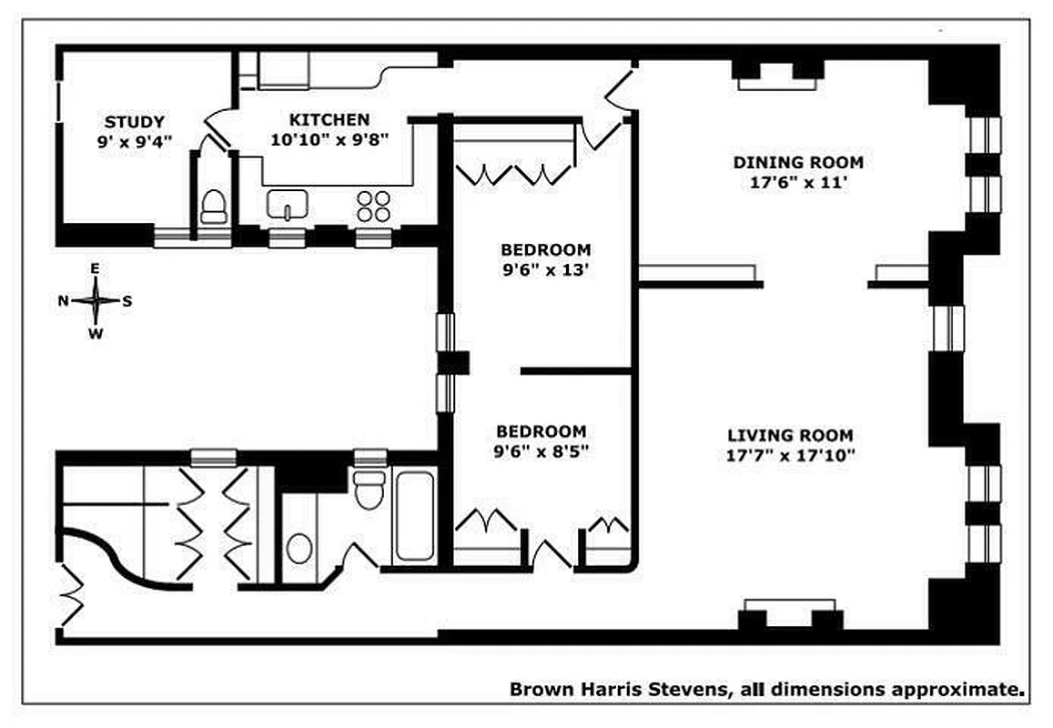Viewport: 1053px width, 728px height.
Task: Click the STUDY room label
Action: point(134,122)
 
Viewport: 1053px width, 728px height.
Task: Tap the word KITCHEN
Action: point(329,120)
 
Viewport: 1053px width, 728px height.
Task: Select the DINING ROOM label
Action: point(798,163)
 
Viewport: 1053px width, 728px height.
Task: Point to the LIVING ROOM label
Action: point(789,436)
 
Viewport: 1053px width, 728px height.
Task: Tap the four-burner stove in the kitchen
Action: point(373,206)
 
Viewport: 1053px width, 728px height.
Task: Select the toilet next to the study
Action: point(213,207)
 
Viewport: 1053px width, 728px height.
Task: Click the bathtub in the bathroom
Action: point(414,515)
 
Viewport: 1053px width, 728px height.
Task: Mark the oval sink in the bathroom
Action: point(299,549)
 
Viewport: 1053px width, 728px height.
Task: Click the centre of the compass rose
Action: point(96,301)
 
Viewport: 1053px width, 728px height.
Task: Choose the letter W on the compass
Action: point(96,333)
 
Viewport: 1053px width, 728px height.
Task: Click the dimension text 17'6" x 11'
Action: point(798,182)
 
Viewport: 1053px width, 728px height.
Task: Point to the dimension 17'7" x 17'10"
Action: point(789,455)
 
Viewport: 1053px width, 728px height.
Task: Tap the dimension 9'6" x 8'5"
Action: point(541,450)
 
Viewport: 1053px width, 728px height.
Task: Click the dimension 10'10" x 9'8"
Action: point(329,139)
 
